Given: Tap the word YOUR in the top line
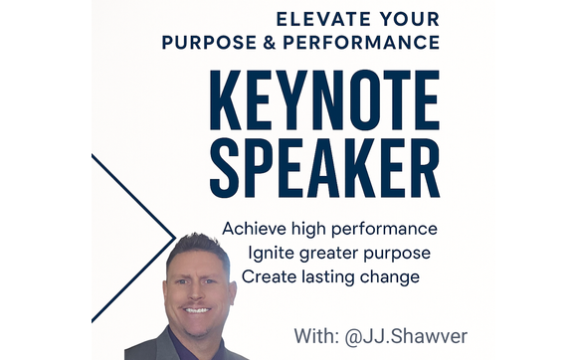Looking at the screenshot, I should tap(403, 18).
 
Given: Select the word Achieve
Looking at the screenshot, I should tap(255, 229).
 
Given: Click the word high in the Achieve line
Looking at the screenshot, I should tap(313, 230).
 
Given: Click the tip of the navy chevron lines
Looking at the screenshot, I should tap(175, 238).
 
